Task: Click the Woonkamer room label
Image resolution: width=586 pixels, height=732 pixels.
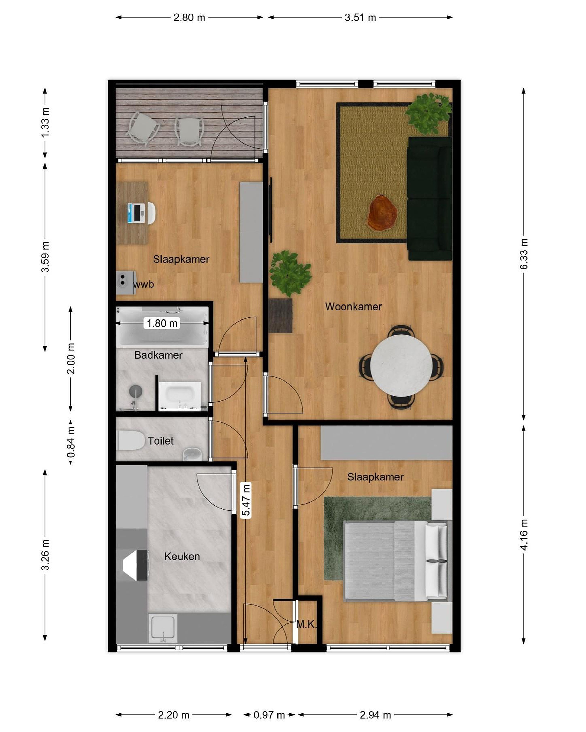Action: click(353, 307)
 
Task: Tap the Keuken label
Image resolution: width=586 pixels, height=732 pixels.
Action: click(182, 556)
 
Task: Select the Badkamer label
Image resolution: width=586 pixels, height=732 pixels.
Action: click(158, 355)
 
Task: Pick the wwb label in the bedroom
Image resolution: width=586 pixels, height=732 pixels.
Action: click(143, 284)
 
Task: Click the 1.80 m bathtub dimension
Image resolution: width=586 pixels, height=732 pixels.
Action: click(162, 323)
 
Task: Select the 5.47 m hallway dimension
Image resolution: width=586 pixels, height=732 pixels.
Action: click(246, 500)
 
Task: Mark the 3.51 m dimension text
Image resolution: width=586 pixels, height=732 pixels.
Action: click(360, 17)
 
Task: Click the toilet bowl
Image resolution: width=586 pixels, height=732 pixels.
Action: click(130, 440)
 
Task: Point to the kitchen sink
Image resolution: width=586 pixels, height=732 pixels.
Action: click(163, 629)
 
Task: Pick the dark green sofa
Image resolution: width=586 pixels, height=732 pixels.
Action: click(430, 199)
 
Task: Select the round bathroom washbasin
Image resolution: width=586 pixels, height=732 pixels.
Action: click(136, 391)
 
